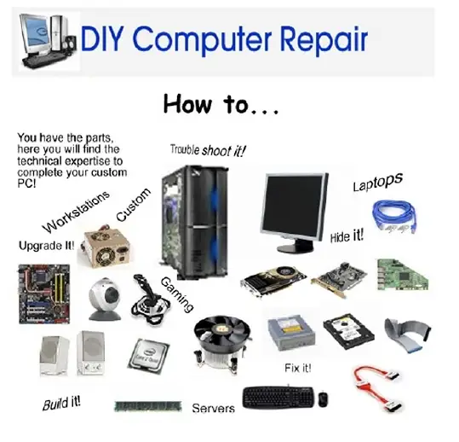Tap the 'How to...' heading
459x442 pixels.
(221, 104)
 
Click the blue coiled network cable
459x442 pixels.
(394, 216)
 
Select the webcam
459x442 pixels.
(105, 299)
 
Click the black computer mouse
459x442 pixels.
(323, 398)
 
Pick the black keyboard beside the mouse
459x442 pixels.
(278, 397)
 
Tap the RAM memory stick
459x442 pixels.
(148, 406)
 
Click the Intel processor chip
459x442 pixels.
(148, 355)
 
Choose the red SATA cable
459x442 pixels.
(376, 388)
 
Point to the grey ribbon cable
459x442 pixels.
(407, 334)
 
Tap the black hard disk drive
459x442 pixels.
(348, 331)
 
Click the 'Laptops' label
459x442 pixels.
(377, 182)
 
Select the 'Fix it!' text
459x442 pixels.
(298, 368)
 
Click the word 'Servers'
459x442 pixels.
(214, 408)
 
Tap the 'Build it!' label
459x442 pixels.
(61, 404)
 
